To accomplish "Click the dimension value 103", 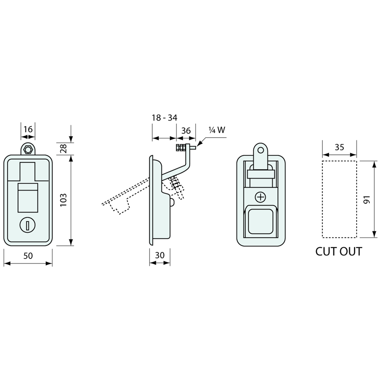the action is coord(63,200).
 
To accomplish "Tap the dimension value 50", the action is coord(28,256).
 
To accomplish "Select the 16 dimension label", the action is coord(28,129).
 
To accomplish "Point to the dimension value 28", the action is coord(63,149).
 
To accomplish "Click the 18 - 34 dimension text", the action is coord(165,118).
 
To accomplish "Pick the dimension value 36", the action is coord(186,131).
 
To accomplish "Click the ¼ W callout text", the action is coord(217,130).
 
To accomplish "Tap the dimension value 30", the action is coord(160,255).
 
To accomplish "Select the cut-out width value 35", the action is coord(339,147).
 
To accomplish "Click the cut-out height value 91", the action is coord(367,200).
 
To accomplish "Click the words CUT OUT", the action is coord(339,251).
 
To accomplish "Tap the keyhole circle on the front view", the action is coord(27,225).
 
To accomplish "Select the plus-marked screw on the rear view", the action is coord(260,197).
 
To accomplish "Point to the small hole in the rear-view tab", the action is coord(260,150).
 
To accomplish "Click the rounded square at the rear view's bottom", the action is coord(260,221).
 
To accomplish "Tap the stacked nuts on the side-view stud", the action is coord(180,148).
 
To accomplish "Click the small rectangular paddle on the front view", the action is coord(28,198).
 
